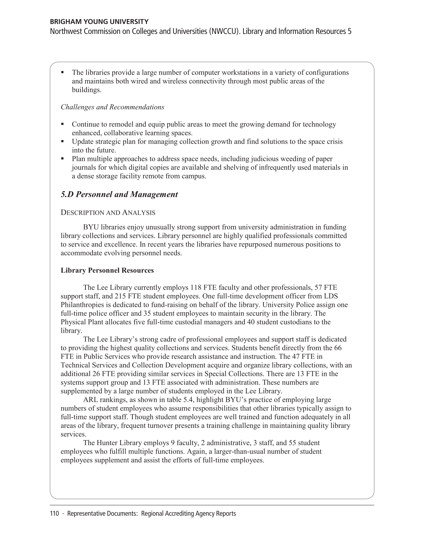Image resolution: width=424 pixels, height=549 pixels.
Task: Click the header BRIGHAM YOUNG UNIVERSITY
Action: (99, 22)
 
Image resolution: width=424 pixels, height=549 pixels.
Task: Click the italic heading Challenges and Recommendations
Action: (112, 107)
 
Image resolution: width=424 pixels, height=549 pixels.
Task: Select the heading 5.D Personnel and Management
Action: (119, 194)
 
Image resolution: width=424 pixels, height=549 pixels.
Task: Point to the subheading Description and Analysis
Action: (108, 213)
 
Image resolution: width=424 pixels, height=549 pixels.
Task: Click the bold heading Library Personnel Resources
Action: (107, 271)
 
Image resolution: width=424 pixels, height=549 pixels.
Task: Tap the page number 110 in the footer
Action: (54, 514)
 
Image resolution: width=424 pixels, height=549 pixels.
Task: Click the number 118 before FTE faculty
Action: (196, 287)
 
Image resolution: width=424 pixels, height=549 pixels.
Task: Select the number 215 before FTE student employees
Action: (121, 296)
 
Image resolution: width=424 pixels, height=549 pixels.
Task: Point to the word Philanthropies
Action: (82, 305)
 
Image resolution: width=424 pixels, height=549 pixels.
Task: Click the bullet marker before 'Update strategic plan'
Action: (63, 141)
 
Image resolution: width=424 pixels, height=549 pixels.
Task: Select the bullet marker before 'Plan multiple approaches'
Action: (63, 159)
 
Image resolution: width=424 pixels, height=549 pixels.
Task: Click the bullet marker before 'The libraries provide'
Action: (63, 72)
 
